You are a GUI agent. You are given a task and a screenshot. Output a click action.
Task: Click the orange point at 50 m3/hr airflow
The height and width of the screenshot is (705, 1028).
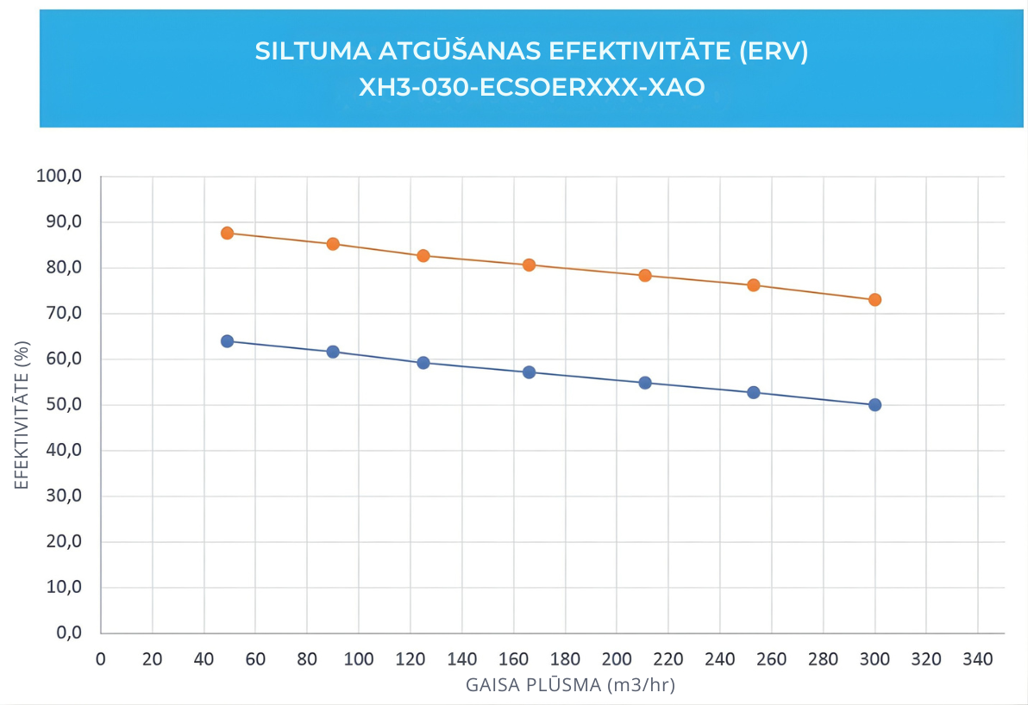227,233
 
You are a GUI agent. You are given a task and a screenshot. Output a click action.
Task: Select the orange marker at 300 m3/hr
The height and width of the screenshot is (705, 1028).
874,300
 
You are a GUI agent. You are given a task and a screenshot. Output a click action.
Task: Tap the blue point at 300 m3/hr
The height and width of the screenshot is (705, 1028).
874,405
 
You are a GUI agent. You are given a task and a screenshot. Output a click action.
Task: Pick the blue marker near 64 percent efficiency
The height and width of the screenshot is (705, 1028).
227,341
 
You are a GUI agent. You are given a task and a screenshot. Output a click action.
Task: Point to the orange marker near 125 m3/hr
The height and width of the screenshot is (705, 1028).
423,256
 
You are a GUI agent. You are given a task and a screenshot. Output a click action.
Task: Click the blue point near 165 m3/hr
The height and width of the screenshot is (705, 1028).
530,372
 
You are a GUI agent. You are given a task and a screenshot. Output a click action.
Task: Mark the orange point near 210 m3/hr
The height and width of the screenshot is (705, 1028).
645,276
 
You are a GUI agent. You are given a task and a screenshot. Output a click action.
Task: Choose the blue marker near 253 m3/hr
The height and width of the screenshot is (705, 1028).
754,392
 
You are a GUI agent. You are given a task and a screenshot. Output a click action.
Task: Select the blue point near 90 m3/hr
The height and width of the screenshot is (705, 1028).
333,352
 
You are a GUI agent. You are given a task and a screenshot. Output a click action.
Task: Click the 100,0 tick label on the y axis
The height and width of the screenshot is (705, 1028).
60,177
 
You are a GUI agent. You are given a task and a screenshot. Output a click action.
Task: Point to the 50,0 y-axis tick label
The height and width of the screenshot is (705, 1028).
63,404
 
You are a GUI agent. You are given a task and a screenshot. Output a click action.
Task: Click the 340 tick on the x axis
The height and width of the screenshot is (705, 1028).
978,659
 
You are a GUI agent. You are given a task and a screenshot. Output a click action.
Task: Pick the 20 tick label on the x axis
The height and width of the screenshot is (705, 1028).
152,659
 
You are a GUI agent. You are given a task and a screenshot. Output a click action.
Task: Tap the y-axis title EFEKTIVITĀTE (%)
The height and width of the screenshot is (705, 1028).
22,413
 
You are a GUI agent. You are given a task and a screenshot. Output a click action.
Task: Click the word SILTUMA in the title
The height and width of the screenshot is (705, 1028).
312,51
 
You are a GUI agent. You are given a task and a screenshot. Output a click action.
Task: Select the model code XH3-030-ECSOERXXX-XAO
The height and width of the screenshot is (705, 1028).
531,86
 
